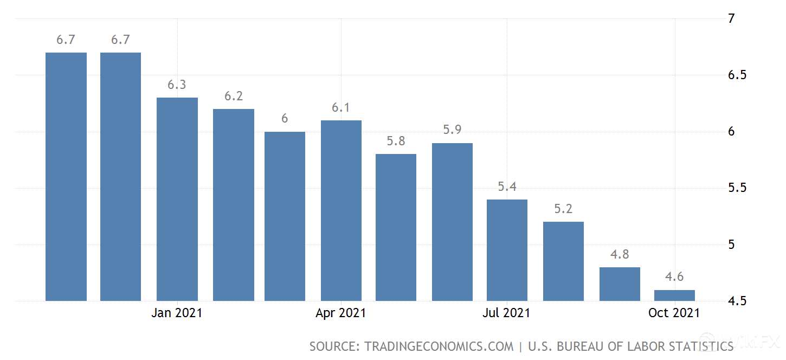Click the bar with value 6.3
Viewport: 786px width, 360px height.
177,199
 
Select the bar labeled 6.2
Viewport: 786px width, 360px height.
233,205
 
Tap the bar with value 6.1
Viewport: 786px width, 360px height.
341,210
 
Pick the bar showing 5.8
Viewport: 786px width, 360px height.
396,227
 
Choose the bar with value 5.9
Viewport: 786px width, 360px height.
452,222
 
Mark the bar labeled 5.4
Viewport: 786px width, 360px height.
507,250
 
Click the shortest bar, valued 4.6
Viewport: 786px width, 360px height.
674,295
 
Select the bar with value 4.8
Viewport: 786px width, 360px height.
620,284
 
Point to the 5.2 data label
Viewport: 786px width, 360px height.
563,209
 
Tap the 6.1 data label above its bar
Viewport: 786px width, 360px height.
341,107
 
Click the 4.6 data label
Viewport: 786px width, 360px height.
674,277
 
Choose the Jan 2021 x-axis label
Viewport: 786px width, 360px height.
177,313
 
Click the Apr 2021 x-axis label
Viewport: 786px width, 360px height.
341,313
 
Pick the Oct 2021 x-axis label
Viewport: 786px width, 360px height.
674,313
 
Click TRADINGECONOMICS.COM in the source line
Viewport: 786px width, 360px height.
439,346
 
